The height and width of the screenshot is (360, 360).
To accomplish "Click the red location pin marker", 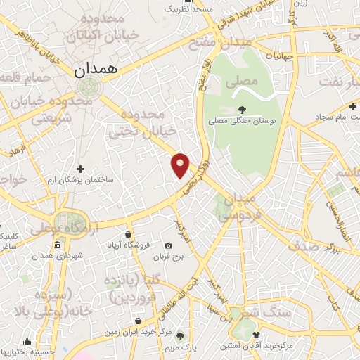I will coord(181,165).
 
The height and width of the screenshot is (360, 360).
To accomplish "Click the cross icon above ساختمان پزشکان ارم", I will coord(81,169).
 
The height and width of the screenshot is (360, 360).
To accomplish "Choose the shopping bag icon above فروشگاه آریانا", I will coord(128,235).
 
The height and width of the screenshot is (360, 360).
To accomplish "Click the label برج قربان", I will coord(169,257).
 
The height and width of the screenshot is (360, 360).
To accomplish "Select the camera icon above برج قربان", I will coord(168,246).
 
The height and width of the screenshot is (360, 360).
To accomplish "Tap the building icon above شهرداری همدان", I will coord(57,245).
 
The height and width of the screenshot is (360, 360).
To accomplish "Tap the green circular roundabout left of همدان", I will coord(89,87).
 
